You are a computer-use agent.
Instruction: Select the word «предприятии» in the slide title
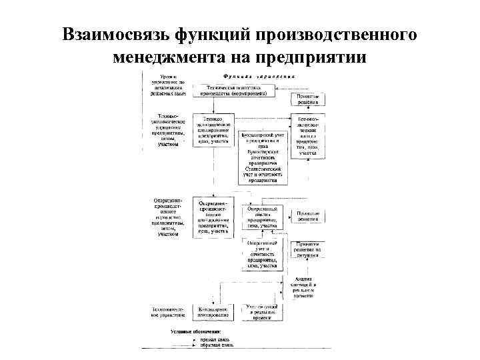pyautogui.click(x=313, y=57)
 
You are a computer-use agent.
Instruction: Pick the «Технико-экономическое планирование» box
pyautogui.click(x=213, y=131)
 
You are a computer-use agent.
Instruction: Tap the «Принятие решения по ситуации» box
pyautogui.click(x=308, y=250)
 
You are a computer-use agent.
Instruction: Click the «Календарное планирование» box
pyautogui.click(x=213, y=311)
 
